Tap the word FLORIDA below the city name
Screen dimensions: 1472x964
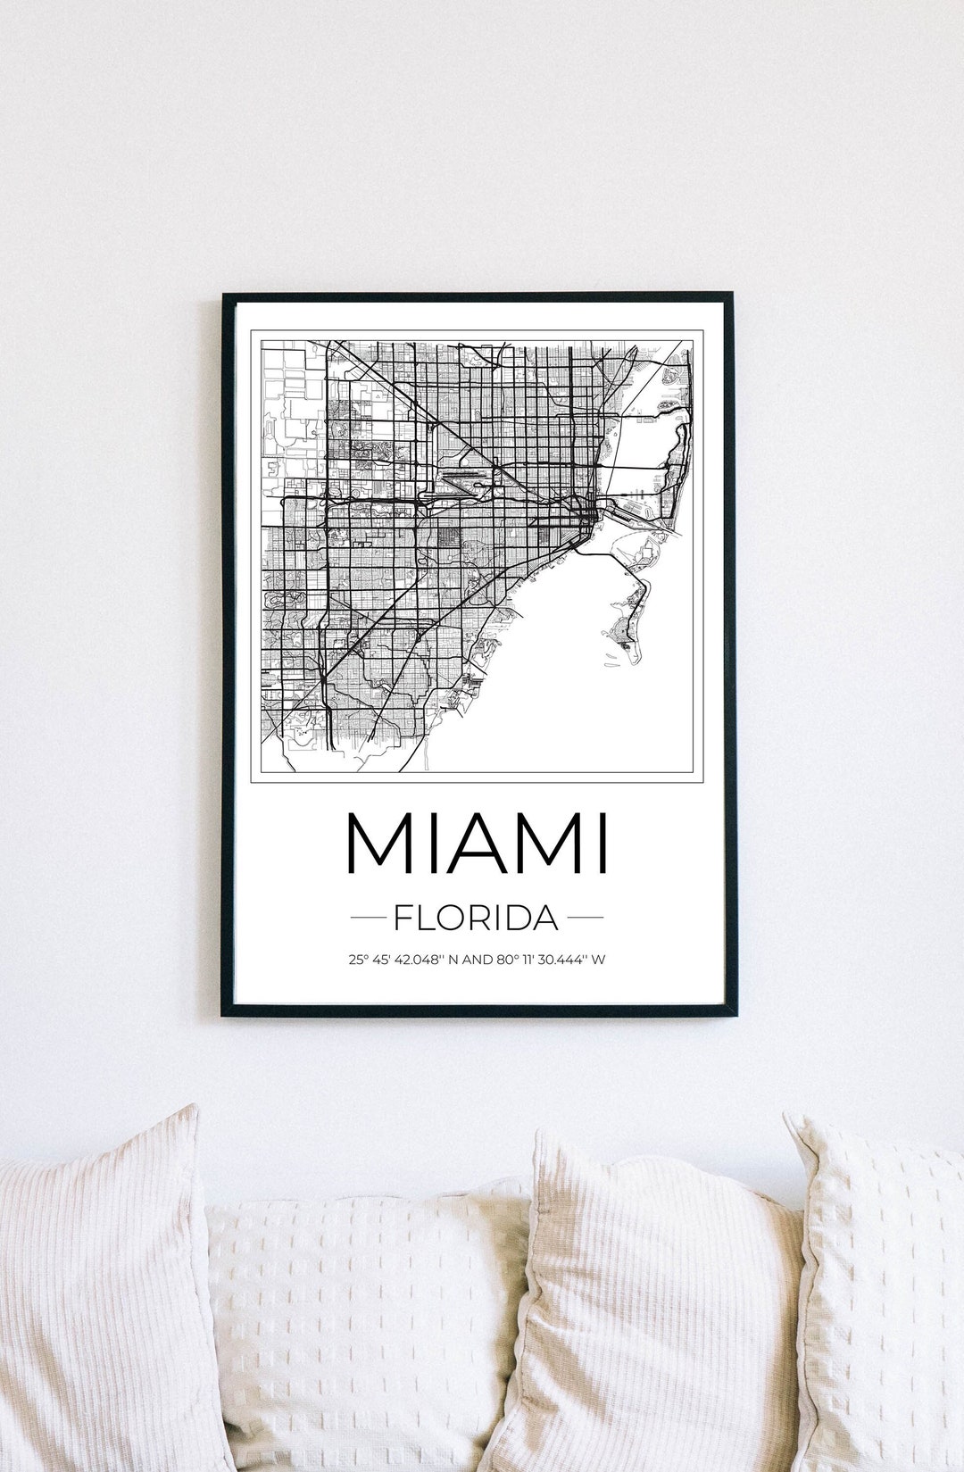477,917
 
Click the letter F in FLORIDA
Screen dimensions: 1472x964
403,917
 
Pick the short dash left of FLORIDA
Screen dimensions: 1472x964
368,917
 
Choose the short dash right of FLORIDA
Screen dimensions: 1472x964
586,917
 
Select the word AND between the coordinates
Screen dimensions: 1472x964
477,961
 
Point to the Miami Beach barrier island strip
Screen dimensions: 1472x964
678,464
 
